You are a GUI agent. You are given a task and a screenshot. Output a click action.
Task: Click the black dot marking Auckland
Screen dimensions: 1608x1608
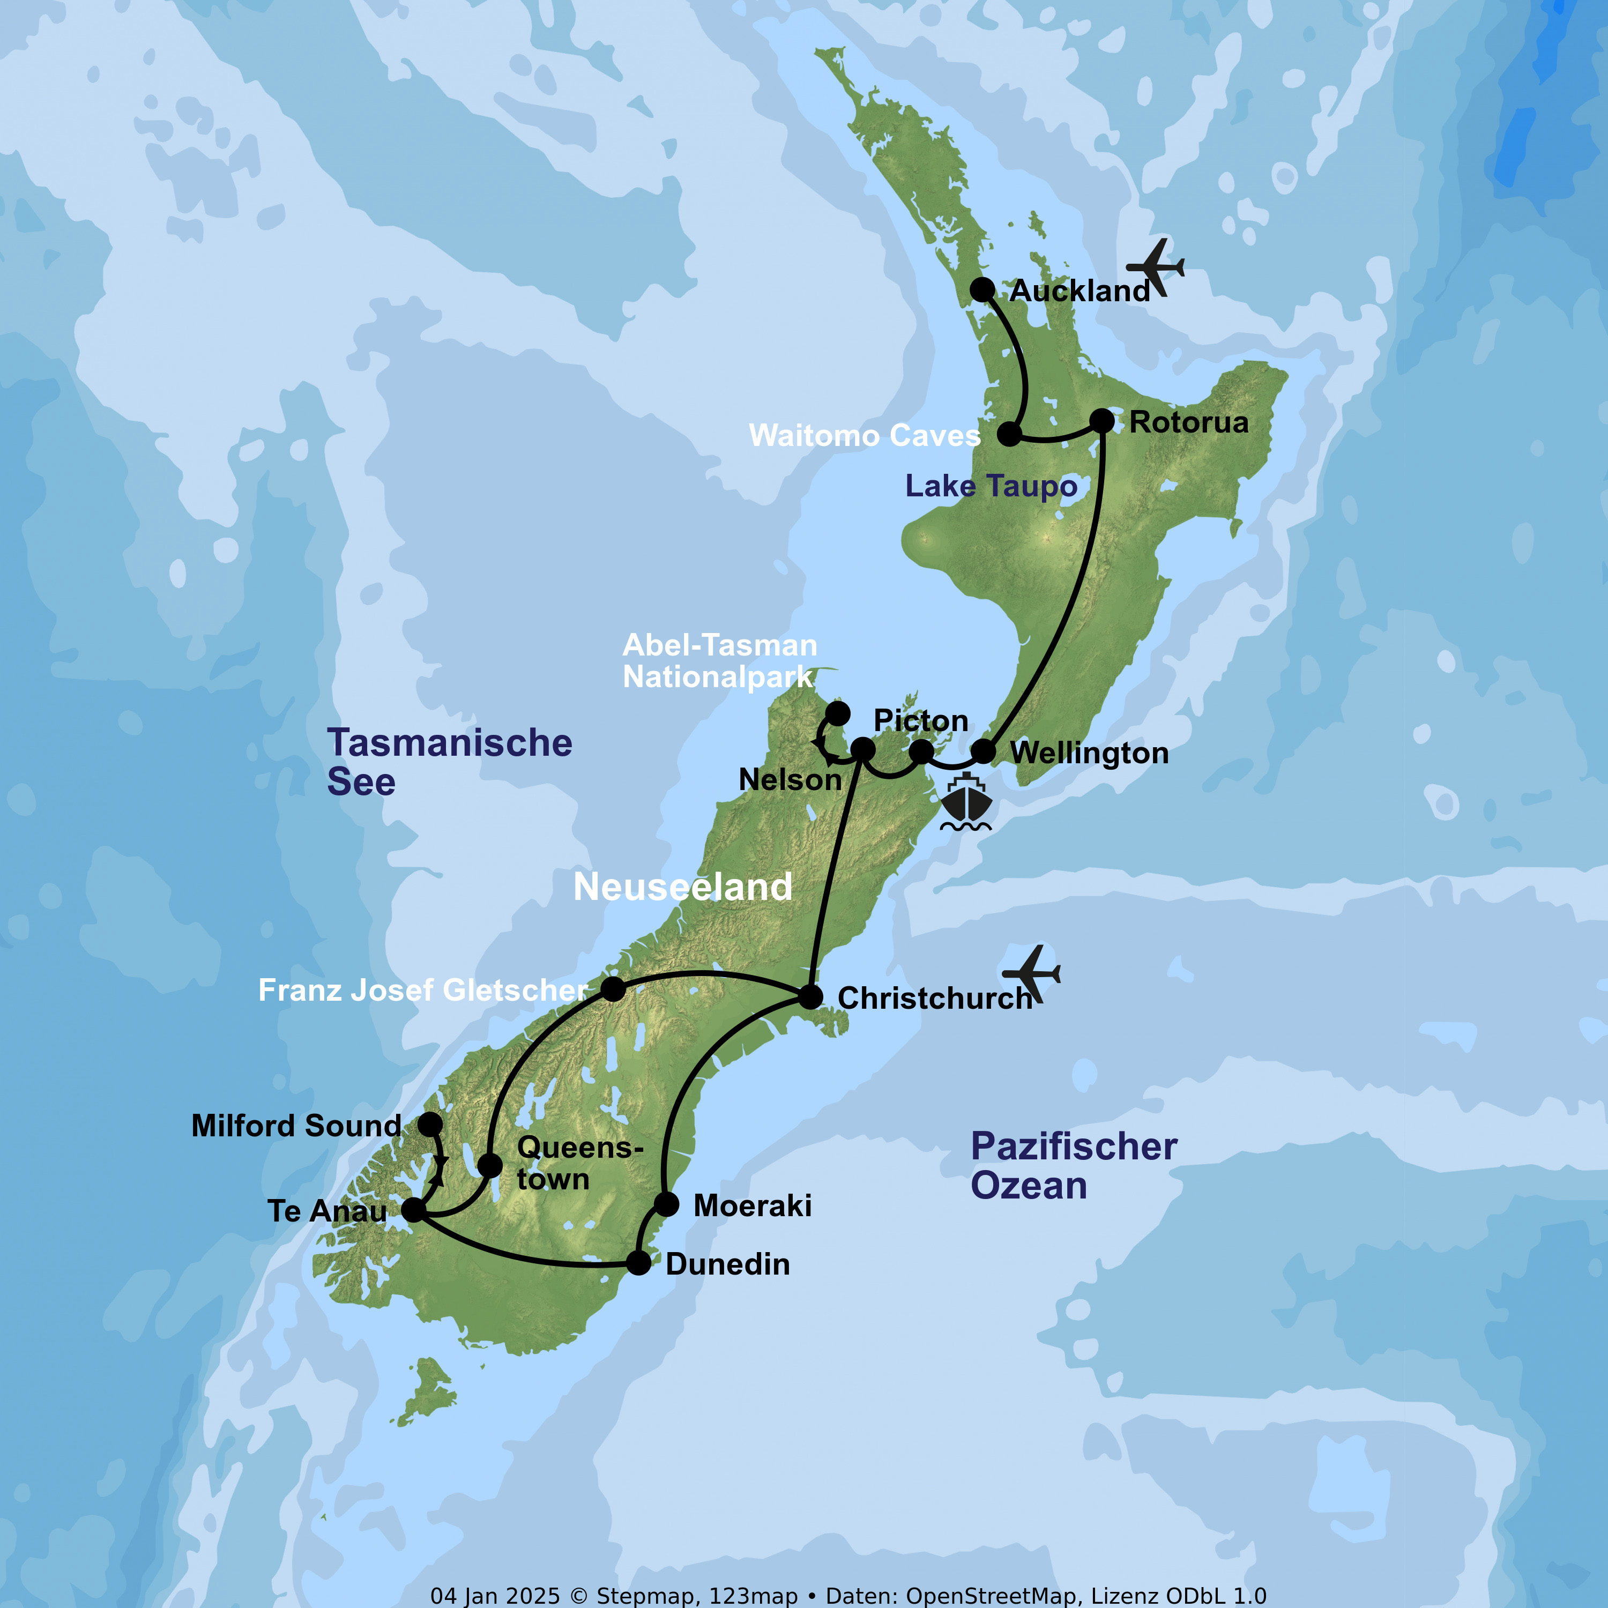(982, 289)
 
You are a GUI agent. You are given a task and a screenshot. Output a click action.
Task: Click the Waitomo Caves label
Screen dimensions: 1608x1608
(864, 435)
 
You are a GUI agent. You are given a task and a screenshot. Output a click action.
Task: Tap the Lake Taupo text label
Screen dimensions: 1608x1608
(991, 486)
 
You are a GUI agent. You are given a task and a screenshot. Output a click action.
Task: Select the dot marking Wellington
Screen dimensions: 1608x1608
(984, 751)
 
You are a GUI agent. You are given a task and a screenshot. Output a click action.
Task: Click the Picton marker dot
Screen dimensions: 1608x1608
(920, 751)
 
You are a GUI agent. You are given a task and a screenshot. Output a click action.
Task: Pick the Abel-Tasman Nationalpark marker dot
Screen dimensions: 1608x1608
(837, 713)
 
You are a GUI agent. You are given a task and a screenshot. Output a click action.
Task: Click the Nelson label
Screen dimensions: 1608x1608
(790, 780)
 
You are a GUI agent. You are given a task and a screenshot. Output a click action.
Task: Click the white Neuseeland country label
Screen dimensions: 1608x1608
(682, 887)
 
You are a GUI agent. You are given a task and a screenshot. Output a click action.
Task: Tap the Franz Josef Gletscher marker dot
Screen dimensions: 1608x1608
(613, 989)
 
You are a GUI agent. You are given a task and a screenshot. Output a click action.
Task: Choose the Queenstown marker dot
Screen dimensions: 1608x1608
(489, 1164)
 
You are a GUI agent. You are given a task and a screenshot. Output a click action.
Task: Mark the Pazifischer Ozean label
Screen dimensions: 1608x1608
(1073, 1166)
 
